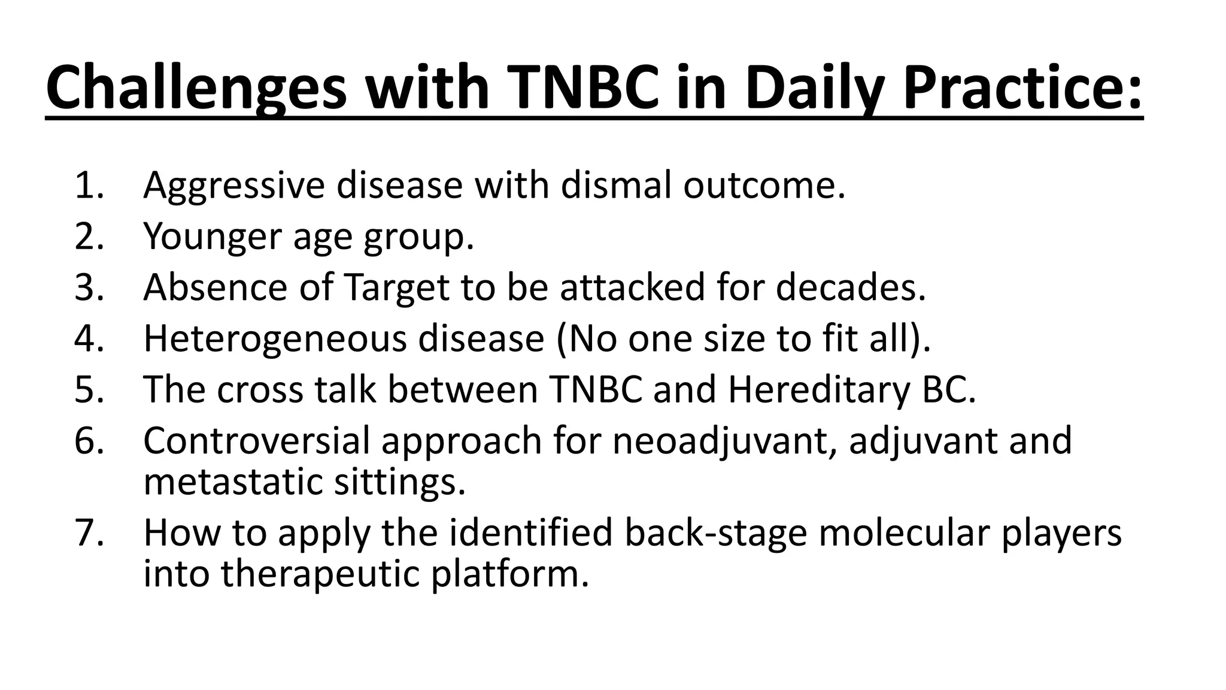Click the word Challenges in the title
[x=196, y=89]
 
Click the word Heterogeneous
[x=275, y=339]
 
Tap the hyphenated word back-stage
[x=716, y=533]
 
